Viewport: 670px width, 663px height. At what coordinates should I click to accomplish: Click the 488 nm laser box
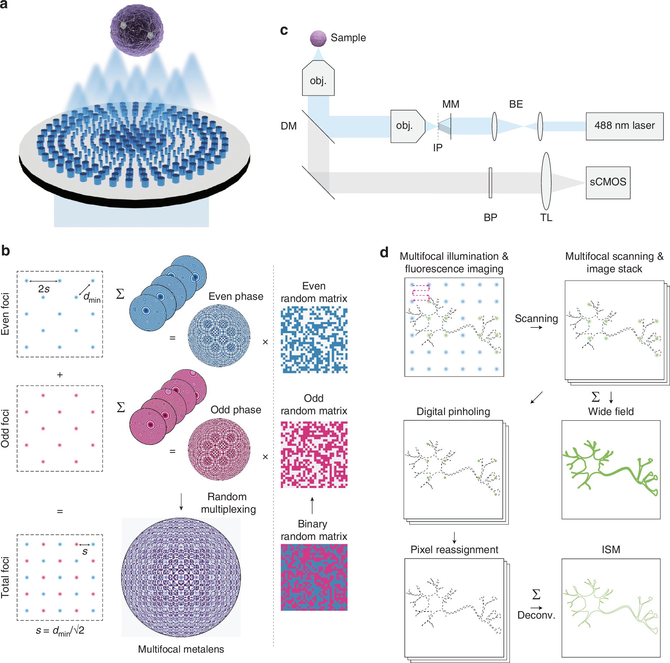624,126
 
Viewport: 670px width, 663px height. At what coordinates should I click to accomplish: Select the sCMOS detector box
607,182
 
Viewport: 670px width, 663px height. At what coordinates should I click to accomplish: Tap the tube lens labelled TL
546,181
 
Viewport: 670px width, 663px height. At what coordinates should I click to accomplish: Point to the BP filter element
490,182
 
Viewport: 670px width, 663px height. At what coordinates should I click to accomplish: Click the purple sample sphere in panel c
318,39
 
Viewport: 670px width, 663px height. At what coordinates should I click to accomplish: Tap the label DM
289,126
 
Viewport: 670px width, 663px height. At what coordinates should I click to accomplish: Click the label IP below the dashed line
438,148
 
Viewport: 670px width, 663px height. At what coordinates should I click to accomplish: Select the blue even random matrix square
314,340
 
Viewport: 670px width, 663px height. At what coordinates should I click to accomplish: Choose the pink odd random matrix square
314,454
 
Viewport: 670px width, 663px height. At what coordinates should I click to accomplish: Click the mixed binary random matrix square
314,577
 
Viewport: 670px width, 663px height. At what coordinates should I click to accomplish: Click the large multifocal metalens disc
181,577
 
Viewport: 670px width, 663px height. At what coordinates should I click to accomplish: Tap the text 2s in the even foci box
44,289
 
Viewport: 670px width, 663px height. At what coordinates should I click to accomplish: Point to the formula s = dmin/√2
60,631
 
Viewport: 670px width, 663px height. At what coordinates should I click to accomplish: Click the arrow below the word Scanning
536,327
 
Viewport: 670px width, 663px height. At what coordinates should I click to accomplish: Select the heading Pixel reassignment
454,550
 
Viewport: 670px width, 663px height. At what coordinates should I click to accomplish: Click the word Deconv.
536,615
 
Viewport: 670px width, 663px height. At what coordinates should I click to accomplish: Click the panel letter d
384,253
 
